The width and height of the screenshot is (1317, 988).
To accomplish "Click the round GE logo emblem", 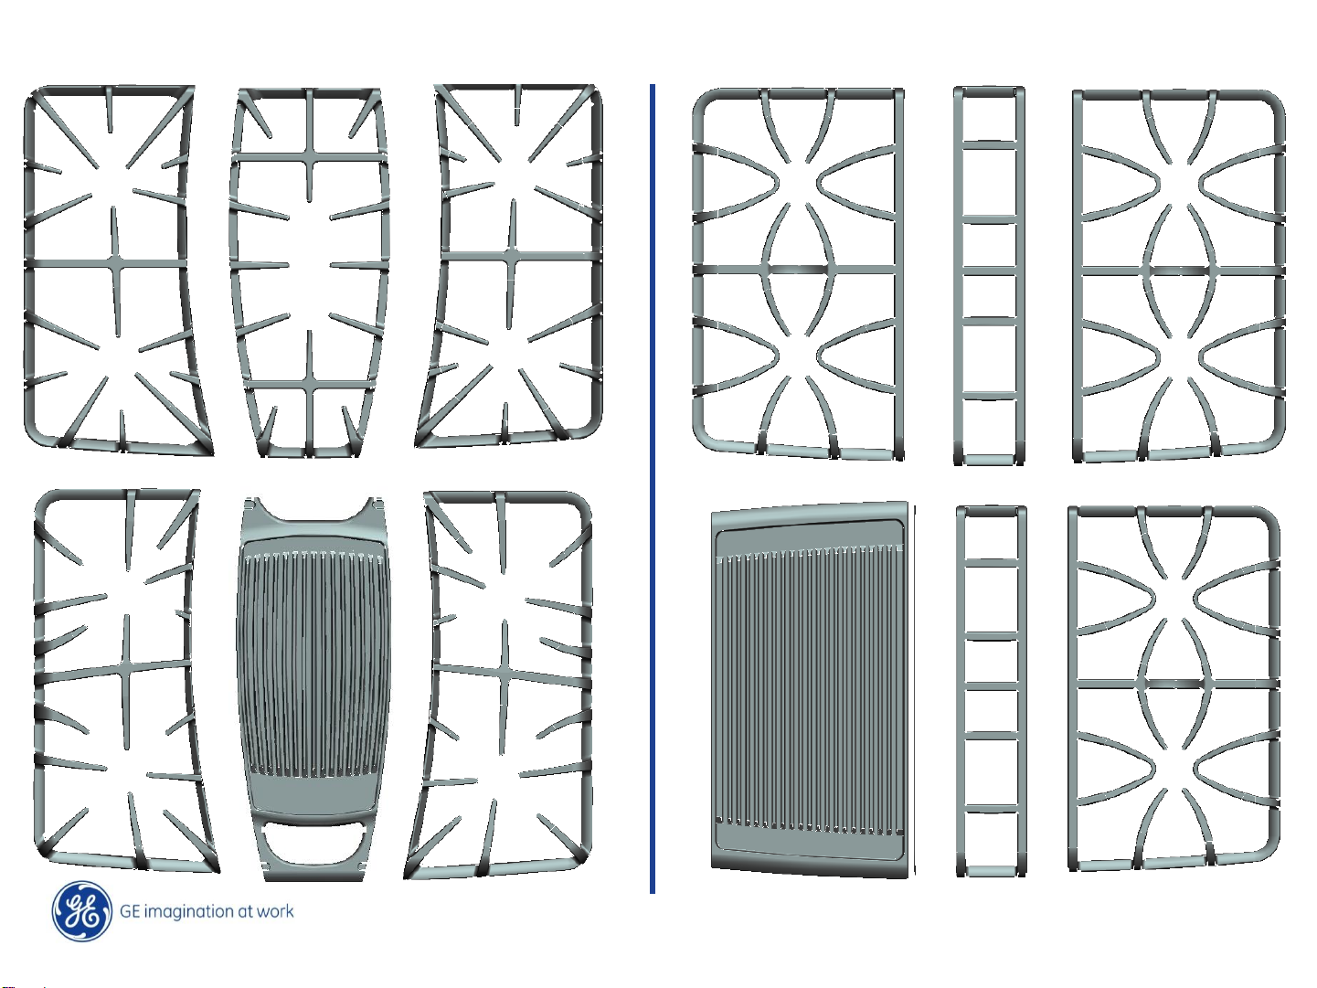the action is pyautogui.click(x=82, y=911).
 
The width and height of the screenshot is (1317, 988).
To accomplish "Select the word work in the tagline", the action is pyautogui.click(x=275, y=911).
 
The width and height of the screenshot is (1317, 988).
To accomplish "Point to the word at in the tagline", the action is pyautogui.click(x=245, y=911).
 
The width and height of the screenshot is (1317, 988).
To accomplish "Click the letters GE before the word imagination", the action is pyautogui.click(x=130, y=911).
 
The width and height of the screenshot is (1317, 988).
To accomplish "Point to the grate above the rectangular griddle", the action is pyautogui.click(x=797, y=270).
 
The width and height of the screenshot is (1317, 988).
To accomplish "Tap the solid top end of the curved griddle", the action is pyautogui.click(x=311, y=526).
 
